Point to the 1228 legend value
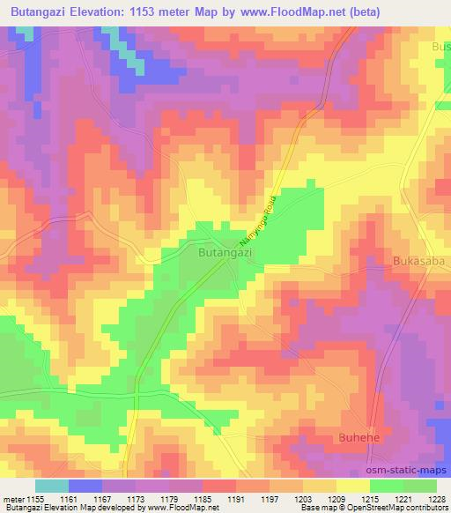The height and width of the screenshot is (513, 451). [437, 498]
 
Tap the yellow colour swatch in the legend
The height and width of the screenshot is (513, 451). [351, 486]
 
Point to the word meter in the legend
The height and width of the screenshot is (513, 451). [15, 498]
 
